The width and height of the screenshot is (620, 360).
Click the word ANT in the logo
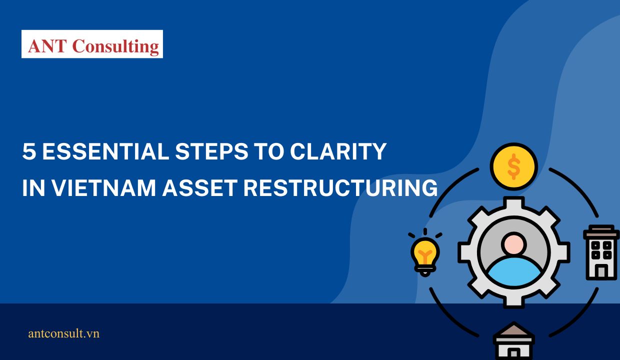coord(48,45)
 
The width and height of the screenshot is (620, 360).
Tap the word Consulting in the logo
coord(115,46)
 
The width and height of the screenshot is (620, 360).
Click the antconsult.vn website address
coord(64,333)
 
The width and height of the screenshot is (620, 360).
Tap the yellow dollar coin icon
coord(513,167)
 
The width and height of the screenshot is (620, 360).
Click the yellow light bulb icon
coord(425,253)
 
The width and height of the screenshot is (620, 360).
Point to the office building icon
coord(601,252)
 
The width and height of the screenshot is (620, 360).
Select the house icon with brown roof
coord(514,341)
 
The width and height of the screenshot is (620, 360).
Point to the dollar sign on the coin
coord(513,167)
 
